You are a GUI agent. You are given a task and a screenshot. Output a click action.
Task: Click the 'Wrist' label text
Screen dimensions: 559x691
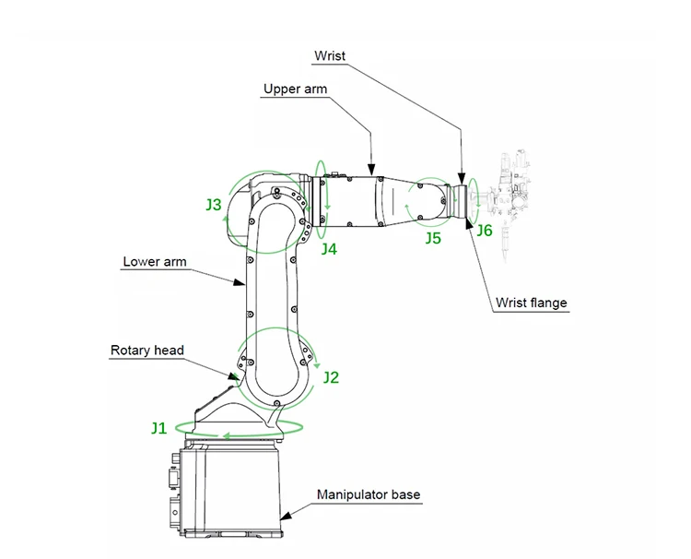tap(329, 56)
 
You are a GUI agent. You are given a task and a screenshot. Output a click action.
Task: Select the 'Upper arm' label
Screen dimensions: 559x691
tap(295, 89)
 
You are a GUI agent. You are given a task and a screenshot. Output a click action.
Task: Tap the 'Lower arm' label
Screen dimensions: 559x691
tap(155, 262)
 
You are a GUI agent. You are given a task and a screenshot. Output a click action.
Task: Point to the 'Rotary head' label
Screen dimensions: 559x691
tap(147, 351)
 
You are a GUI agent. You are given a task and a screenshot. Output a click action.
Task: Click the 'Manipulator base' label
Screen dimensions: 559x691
tap(369, 495)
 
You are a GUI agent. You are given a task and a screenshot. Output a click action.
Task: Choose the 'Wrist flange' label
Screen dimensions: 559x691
tap(532, 303)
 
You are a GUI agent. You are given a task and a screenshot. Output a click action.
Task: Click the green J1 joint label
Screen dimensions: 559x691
tap(159, 427)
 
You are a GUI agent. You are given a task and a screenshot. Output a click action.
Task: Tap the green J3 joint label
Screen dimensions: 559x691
tap(213, 205)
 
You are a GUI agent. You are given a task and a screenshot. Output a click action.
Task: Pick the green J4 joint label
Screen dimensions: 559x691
tap(329, 249)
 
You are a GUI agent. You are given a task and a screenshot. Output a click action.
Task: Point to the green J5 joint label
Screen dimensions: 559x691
tap(433, 239)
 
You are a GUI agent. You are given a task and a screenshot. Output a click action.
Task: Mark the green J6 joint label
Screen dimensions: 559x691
tap(484, 231)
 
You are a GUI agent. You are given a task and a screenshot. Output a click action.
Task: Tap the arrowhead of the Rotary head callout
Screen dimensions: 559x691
tap(237, 375)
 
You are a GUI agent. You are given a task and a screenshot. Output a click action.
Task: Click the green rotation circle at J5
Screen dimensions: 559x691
tap(428, 200)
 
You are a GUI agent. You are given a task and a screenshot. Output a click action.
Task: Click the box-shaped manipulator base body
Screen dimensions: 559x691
tap(235, 489)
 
